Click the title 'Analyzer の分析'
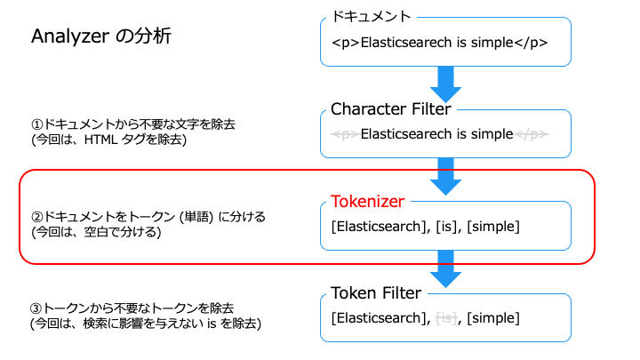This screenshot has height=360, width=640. pos(101,36)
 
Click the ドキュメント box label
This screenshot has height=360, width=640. pos(371,16)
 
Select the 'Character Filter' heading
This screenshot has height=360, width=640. pos(390,109)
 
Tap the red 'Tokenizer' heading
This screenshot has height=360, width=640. pos(367,201)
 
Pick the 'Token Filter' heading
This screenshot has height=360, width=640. pos(376,293)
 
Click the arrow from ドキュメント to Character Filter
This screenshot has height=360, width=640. pos(445,84)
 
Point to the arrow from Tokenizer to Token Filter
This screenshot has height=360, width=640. pos(445,269)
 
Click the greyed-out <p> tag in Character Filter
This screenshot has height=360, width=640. pos(345,134)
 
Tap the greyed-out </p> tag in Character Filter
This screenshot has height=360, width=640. pos(532,134)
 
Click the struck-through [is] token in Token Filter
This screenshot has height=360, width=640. pos(446,318)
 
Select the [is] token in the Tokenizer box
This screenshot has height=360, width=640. pos(446,226)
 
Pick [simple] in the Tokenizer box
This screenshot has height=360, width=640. pos(493,227)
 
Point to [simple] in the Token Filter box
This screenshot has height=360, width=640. pos(493,318)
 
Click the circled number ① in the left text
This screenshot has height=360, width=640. pos(36,124)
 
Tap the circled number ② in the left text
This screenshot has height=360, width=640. pos(36,216)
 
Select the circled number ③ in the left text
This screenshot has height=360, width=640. pos(36,308)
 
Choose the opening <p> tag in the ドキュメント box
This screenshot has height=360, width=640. pos(345,43)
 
